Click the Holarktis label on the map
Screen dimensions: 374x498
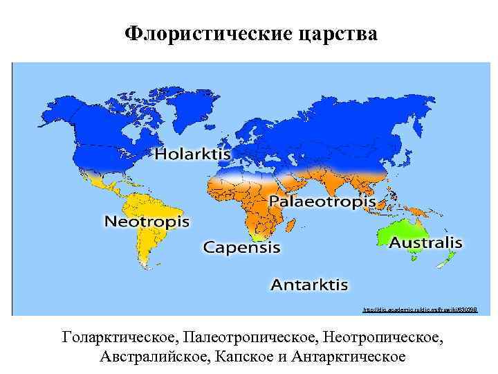[188, 154]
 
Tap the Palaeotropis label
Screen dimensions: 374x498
[322, 202]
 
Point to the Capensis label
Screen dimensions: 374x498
[241, 247]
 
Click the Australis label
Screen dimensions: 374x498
[425, 243]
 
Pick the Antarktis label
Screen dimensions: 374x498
[308, 285]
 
